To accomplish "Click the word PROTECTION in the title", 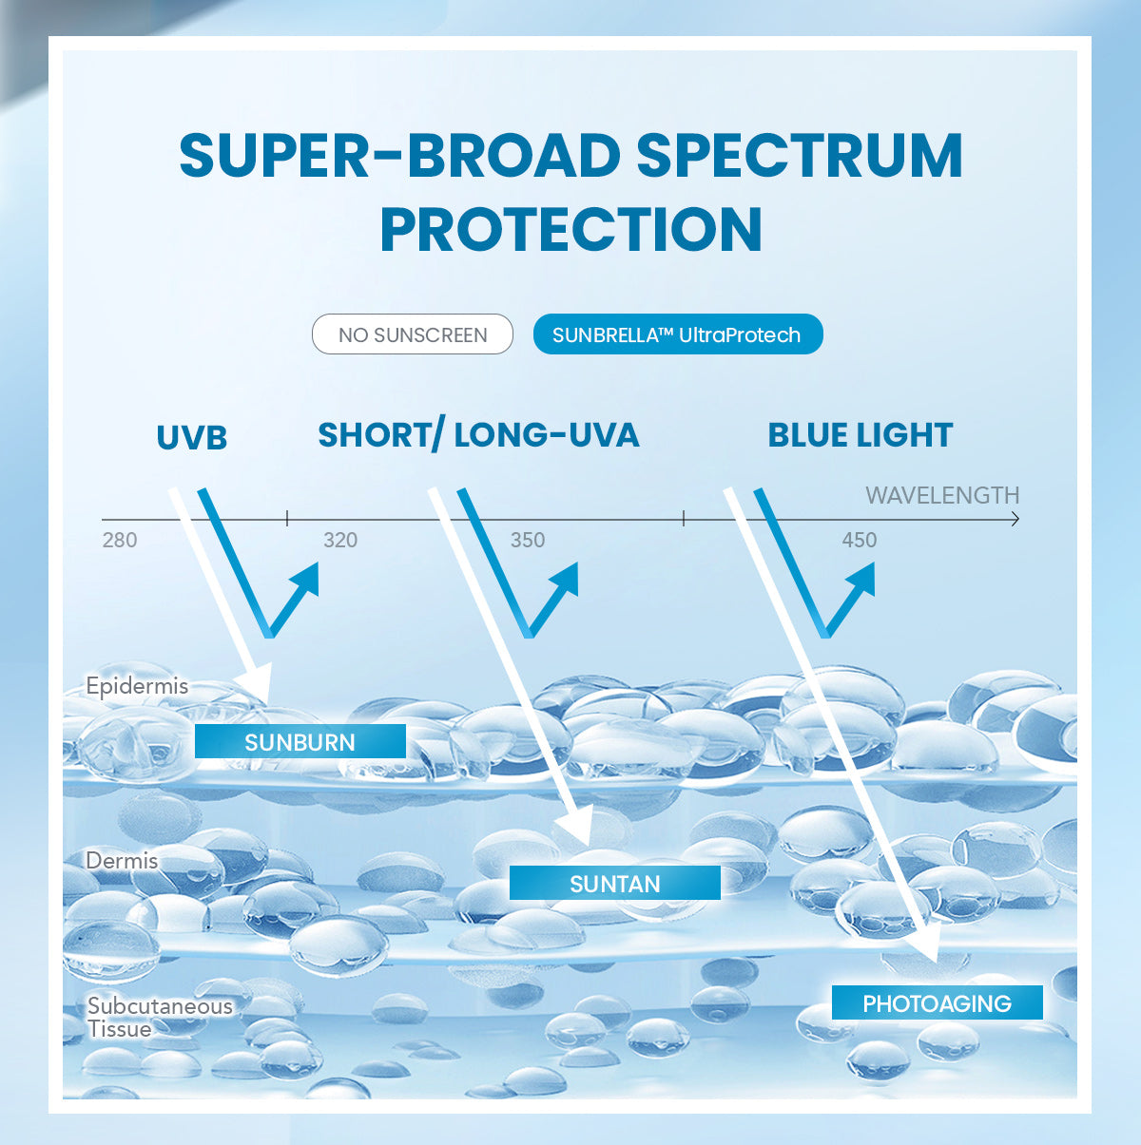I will pyautogui.click(x=570, y=229).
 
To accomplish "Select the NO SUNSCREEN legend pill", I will pyautogui.click(x=413, y=334).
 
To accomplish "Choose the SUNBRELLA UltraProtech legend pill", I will pyautogui.click(x=677, y=334).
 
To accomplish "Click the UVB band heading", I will pyautogui.click(x=192, y=438).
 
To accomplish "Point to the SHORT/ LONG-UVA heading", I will pyautogui.click(x=478, y=435).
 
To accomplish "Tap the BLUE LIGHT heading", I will pyautogui.click(x=860, y=435).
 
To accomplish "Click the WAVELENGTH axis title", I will pyautogui.click(x=941, y=495).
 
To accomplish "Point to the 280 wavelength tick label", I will pyautogui.click(x=120, y=541).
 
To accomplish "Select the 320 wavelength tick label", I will pyautogui.click(x=340, y=541).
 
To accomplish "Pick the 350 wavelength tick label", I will pyautogui.click(x=528, y=541).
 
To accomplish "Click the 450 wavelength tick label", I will pyautogui.click(x=859, y=541).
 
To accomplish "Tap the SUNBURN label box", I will pyautogui.click(x=300, y=742).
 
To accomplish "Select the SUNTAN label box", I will pyautogui.click(x=615, y=884).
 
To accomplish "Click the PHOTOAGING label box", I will pyautogui.click(x=937, y=1003).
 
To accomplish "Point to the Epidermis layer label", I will pyautogui.click(x=137, y=686).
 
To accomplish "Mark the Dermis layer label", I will pyautogui.click(x=122, y=861).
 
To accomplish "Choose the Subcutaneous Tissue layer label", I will pyautogui.click(x=159, y=1018).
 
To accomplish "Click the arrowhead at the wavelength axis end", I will pyautogui.click(x=1015, y=519).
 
